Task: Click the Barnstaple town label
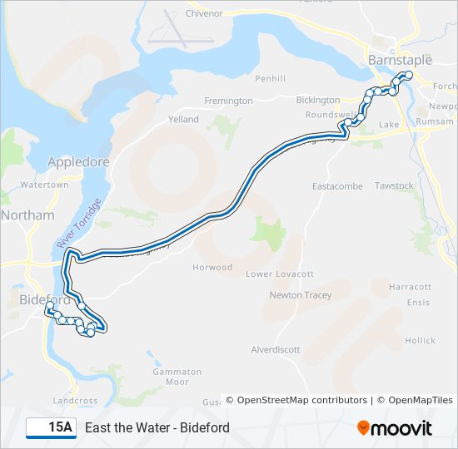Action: click(x=400, y=60)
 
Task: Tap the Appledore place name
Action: click(x=79, y=162)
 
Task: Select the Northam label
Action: click(x=27, y=215)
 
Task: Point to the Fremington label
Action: click(x=228, y=101)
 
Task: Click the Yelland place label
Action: click(x=183, y=119)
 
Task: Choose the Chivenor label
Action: click(x=204, y=13)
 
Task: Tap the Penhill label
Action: click(x=271, y=79)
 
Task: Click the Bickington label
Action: click(x=317, y=100)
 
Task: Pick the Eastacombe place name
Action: click(x=337, y=186)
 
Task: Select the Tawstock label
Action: click(x=394, y=185)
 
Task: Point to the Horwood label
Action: click(x=212, y=268)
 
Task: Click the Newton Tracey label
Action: click(x=300, y=295)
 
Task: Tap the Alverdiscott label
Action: click(x=276, y=350)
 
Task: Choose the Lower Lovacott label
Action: click(x=280, y=274)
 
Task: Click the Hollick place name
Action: click(x=420, y=341)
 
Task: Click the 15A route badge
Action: click(x=51, y=428)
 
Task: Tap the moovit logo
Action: click(x=395, y=428)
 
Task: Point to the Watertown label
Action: click(x=44, y=185)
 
